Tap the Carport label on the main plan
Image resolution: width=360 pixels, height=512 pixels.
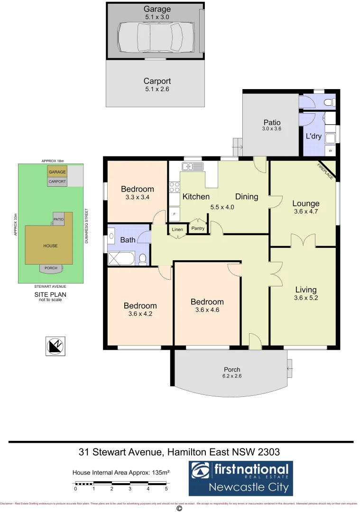(x=157, y=81)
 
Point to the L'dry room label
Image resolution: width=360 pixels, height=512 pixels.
(x=314, y=136)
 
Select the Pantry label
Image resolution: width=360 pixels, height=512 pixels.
(x=197, y=229)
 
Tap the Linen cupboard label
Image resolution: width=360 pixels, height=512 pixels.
(x=177, y=229)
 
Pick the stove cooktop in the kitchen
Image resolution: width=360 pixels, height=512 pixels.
(x=174, y=187)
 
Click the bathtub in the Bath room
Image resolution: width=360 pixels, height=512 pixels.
(x=122, y=258)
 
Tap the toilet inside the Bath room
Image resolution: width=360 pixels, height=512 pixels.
(x=143, y=258)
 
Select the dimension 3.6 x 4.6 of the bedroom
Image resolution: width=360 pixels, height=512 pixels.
(x=207, y=311)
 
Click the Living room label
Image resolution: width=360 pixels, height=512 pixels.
(x=305, y=290)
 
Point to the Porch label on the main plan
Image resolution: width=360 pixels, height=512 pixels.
(x=232, y=369)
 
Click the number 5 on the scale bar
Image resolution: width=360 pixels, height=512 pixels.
(x=166, y=488)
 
